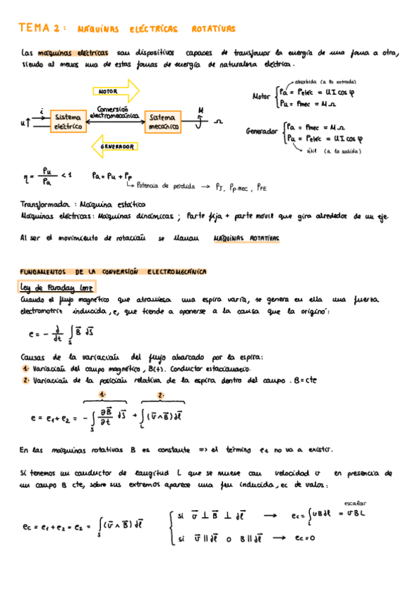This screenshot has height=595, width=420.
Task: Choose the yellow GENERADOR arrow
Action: pos(115,147)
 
